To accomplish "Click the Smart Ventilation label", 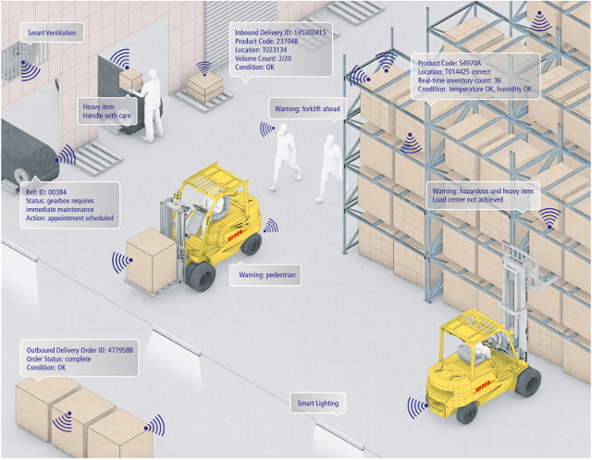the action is click(52, 34).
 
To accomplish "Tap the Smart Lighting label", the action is click(318, 404).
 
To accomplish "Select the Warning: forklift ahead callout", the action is click(307, 109).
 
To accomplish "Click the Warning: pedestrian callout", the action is click(265, 276).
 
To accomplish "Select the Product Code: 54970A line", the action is click(448, 62).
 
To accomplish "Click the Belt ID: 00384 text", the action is click(43, 190).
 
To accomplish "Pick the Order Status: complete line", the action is click(65, 359).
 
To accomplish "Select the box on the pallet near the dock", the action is click(204, 86).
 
